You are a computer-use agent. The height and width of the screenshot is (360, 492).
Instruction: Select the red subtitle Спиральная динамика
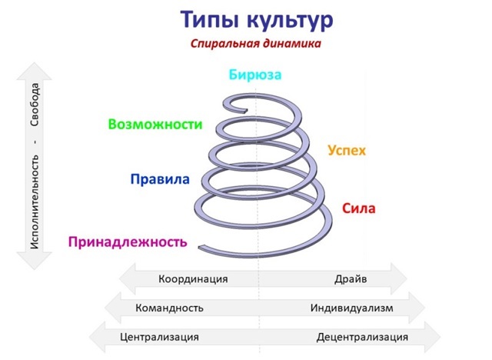pos(256,44)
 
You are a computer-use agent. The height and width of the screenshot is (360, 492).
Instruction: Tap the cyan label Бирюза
pos(255,75)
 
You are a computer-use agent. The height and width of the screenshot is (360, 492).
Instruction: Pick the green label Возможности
pos(155,124)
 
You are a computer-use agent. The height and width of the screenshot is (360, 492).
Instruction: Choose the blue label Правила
pos(160,181)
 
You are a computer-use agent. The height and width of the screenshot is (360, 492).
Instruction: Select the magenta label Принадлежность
pos(128,242)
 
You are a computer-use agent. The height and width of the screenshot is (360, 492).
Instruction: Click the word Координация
pos(194,279)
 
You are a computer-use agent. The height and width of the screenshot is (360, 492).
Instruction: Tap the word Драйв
pos(351,279)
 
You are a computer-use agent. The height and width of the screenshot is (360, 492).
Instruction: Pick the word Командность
pos(169,308)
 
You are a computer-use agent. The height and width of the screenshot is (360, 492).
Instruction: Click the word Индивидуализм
pos(351,308)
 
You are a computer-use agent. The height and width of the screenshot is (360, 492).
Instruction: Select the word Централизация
pos(160,337)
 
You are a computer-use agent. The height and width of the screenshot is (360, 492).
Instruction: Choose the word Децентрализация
pos(362,337)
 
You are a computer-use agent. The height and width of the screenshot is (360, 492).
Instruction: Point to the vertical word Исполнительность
pos(35,201)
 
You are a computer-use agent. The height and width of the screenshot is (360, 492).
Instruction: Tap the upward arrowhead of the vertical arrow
pos(35,71)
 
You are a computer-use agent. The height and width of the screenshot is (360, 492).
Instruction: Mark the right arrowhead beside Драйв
pos(399,279)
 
